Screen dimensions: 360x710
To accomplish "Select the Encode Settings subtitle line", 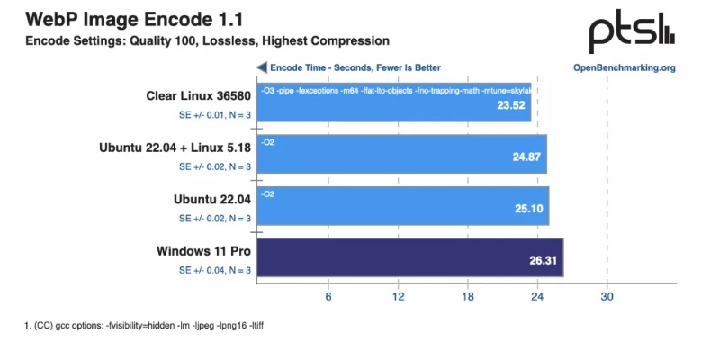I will click(207, 40).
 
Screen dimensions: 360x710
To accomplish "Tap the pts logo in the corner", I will click(631, 33).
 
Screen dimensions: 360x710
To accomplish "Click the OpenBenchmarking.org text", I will click(624, 67).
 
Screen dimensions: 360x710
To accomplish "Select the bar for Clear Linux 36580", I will click(393, 103).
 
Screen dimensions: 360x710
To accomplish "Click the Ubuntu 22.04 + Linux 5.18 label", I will click(175, 148).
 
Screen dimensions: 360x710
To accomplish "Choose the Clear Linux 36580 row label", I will click(198, 96).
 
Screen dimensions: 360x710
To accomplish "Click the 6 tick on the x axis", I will click(328, 297).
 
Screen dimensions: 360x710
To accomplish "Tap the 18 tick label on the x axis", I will click(468, 297).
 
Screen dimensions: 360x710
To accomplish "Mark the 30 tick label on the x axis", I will click(607, 297).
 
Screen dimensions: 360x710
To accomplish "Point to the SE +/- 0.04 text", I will click(215, 269).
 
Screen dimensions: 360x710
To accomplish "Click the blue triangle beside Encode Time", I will click(262, 67).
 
